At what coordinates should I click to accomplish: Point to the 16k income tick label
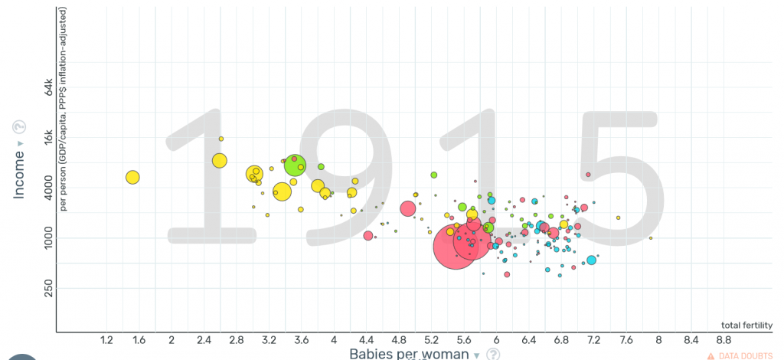(47, 139)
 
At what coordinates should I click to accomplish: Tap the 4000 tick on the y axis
(47, 189)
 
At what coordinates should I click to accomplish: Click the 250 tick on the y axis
(47, 288)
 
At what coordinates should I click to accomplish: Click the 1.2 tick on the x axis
(106, 339)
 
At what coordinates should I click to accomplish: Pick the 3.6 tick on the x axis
(301, 339)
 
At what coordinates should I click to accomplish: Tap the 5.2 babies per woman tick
(431, 339)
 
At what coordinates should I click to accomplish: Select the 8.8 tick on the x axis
(724, 339)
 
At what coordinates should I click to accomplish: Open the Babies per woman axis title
(409, 354)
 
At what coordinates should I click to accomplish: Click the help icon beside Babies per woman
(494, 354)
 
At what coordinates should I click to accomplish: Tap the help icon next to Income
(20, 128)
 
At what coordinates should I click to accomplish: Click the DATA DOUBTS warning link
(740, 355)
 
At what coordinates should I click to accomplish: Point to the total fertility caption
(746, 325)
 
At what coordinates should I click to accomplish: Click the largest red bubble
(456, 247)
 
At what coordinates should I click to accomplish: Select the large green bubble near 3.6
(295, 164)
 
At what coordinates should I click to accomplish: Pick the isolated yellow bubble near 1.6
(132, 178)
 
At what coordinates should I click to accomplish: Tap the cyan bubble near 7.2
(591, 260)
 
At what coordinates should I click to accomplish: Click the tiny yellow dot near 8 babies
(651, 238)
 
